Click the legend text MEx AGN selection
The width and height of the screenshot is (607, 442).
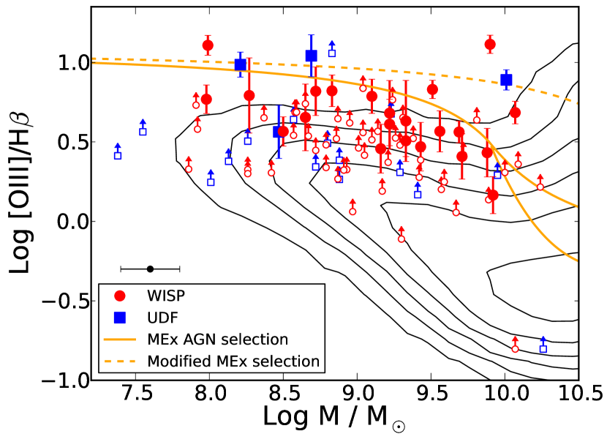(x=217, y=339)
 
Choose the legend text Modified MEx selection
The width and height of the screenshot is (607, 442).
(x=233, y=361)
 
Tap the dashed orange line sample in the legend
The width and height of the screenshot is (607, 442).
(x=121, y=361)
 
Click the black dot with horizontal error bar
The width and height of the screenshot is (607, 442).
(x=150, y=269)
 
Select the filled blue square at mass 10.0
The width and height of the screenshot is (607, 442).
(x=506, y=79)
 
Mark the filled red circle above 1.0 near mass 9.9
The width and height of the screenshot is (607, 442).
(x=490, y=45)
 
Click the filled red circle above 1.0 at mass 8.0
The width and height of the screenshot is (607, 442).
(x=208, y=45)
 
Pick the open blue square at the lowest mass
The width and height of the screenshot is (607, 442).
(x=118, y=155)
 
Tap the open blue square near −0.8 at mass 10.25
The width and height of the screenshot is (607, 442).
(x=543, y=348)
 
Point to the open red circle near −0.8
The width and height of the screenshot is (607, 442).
(x=516, y=348)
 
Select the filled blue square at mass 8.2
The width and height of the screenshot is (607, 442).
(x=240, y=64)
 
